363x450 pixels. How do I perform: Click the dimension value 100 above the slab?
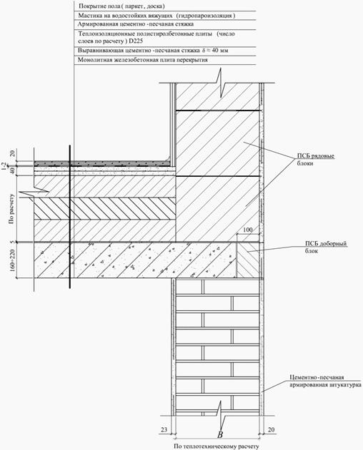coord(248,230)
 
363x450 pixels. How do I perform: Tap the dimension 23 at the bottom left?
coord(164,429)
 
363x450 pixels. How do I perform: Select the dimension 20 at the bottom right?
coord(272,429)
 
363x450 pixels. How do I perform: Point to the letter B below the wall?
coord(220,434)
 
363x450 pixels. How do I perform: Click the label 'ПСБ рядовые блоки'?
coord(316,160)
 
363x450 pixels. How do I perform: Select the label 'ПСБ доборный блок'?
coord(326,247)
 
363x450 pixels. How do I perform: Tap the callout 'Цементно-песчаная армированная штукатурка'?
coord(325,381)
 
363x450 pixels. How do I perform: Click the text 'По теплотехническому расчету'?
coord(217,446)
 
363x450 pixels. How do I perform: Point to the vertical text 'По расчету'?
coord(11,209)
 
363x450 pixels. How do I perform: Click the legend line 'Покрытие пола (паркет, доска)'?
coord(121,6)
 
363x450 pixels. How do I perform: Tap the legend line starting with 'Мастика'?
coord(156,16)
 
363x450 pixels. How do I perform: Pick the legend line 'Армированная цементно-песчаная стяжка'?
coord(136,24)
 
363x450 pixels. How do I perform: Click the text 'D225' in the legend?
coord(136,41)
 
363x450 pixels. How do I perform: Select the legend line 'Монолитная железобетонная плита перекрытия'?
coord(143,60)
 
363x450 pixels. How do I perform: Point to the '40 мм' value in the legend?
coord(220,51)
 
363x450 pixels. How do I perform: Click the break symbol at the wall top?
coord(222,83)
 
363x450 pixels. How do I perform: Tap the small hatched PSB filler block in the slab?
coord(247,260)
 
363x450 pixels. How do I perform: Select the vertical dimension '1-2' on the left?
coord(4,166)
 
